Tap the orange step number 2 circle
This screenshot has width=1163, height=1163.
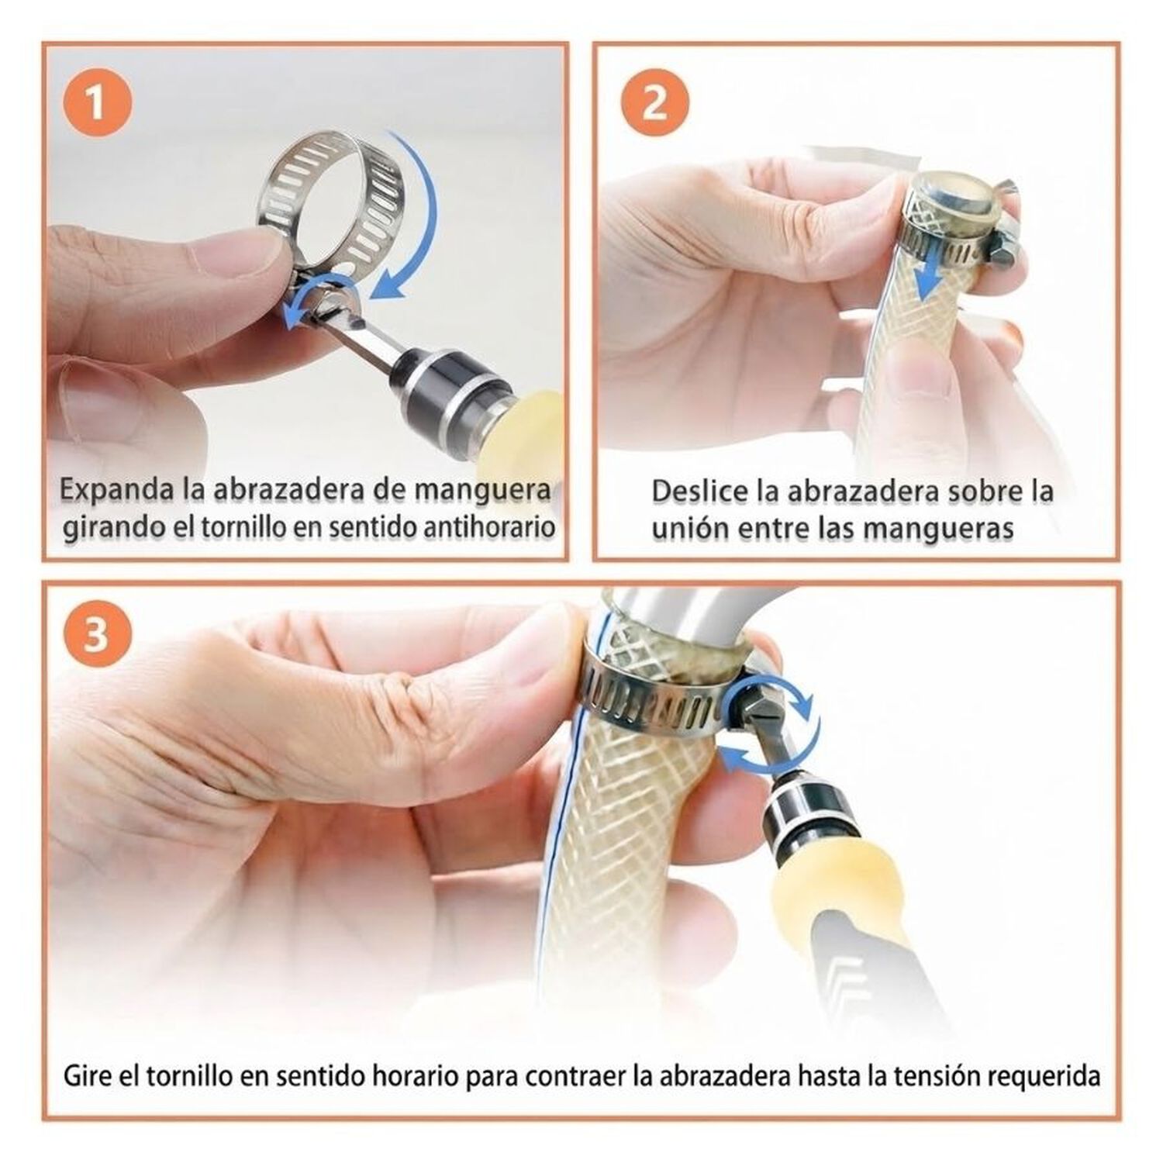point(655,103)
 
